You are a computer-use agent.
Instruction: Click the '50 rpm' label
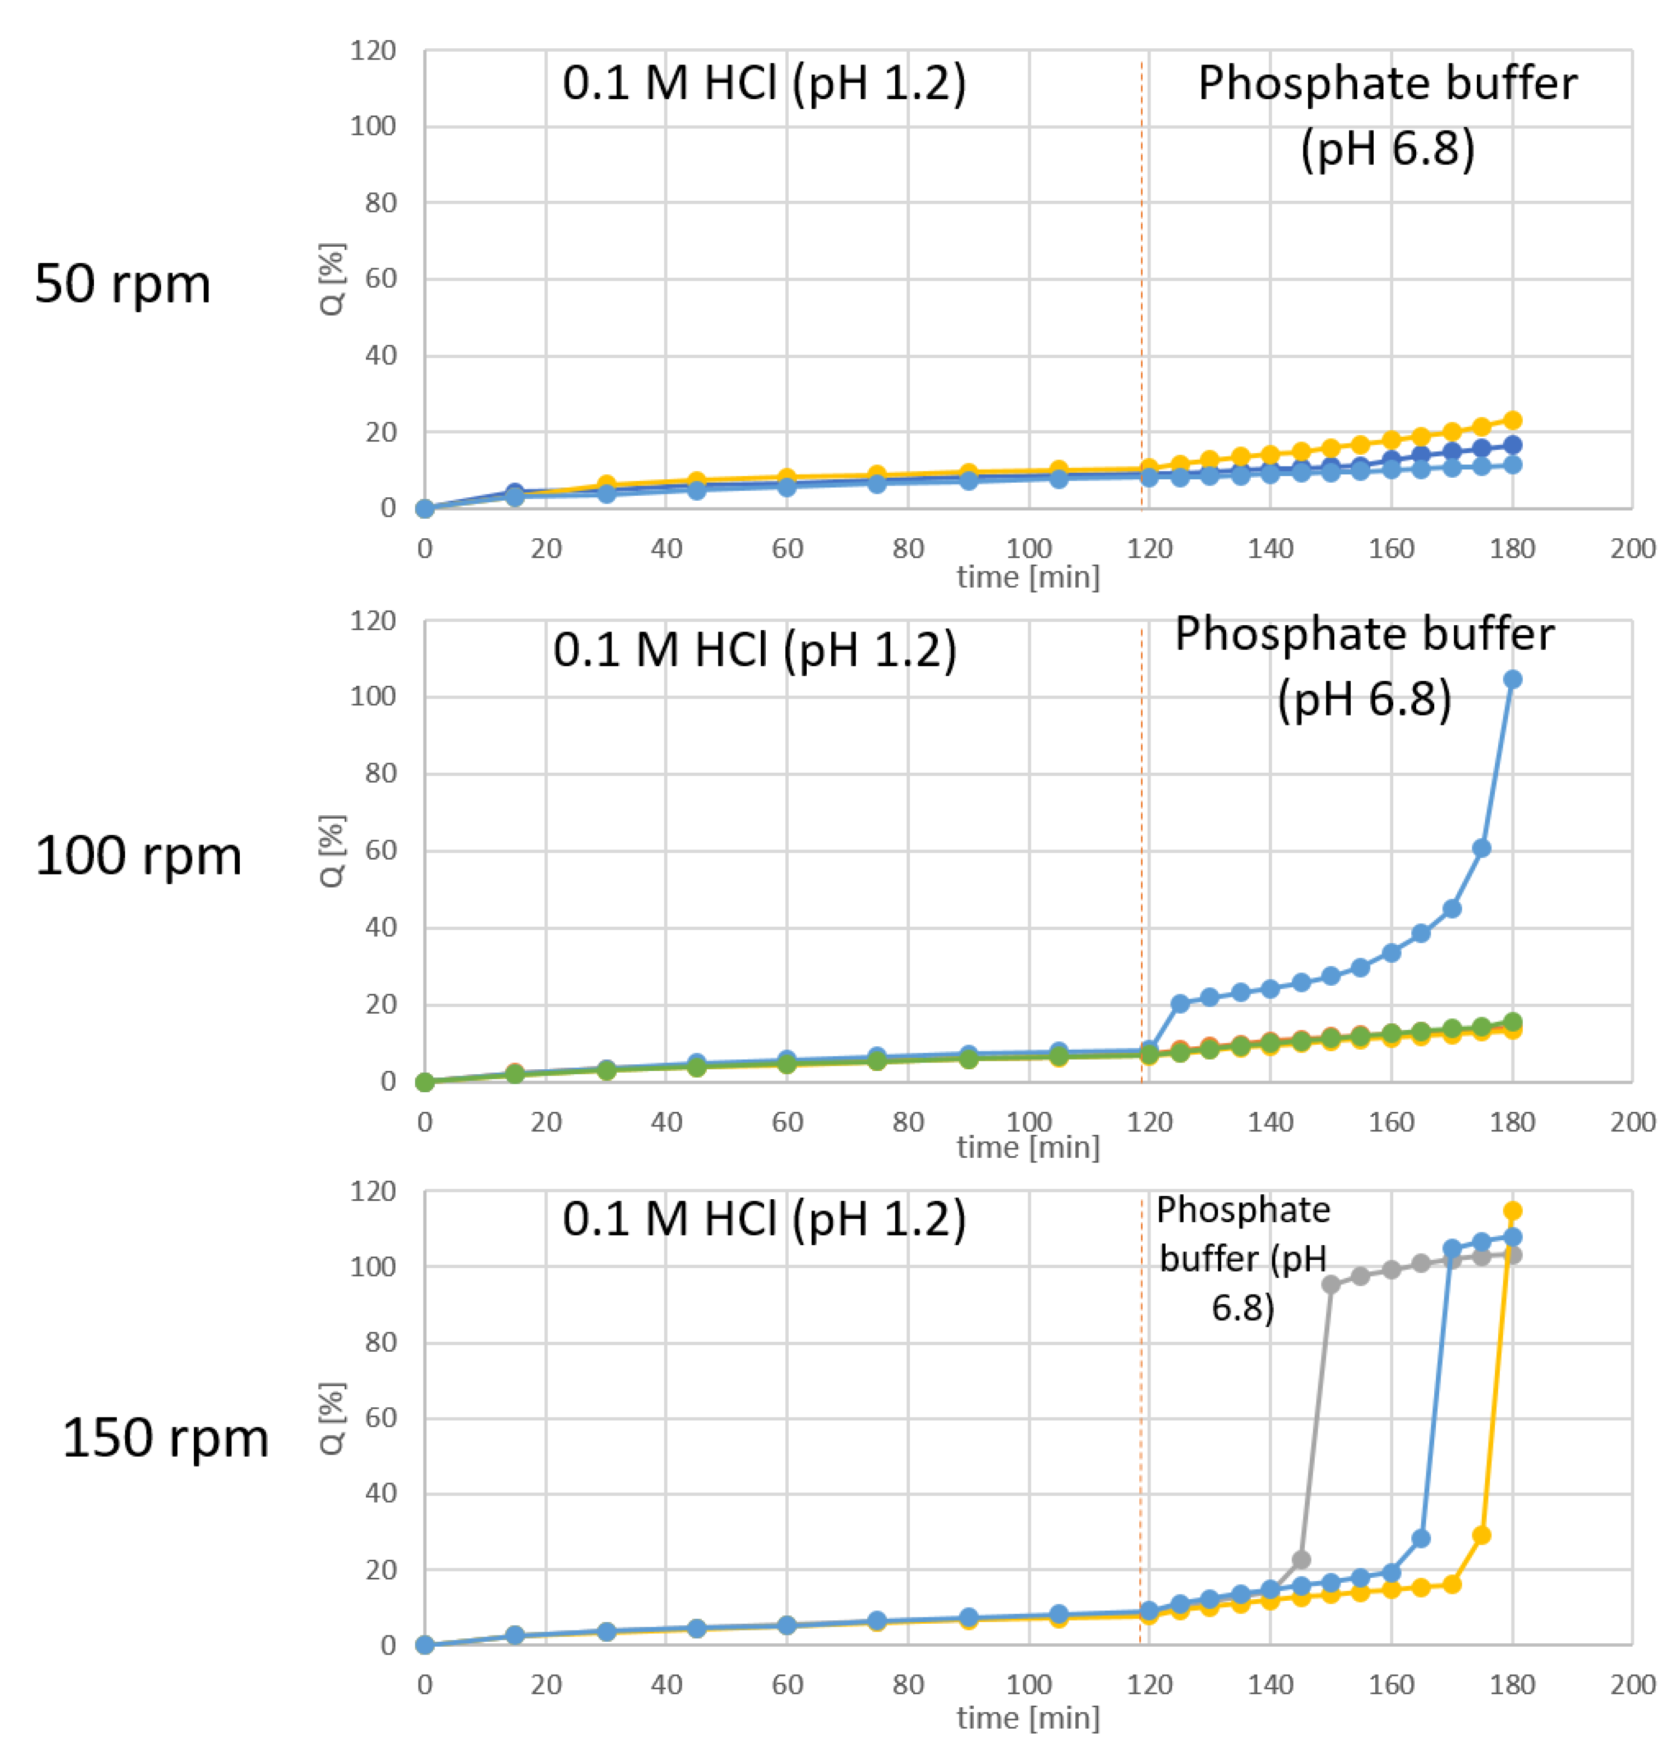click(x=123, y=284)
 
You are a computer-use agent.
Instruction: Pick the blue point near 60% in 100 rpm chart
click(x=1481, y=848)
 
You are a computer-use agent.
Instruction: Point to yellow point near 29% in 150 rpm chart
click(x=1481, y=1535)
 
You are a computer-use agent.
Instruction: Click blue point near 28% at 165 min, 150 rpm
click(x=1421, y=1538)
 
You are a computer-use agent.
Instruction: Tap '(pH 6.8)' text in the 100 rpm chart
click(x=1364, y=699)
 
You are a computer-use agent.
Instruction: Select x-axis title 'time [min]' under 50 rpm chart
click(x=1028, y=577)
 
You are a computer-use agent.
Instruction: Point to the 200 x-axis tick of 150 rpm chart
click(x=1632, y=1684)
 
